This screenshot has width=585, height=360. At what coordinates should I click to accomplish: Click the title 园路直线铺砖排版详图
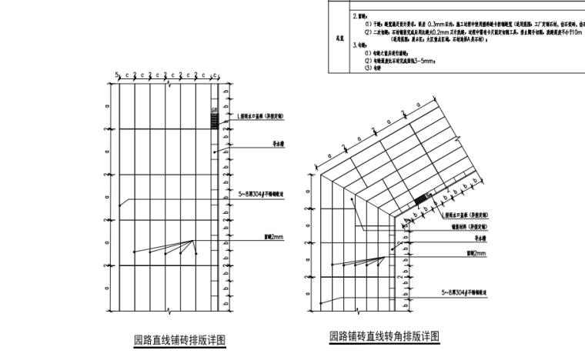(178, 339)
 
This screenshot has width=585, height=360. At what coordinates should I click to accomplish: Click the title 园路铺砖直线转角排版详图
(384, 337)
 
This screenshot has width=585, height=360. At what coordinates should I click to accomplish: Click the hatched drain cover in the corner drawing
(422, 200)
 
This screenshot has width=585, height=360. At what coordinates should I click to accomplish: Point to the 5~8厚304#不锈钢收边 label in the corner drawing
(466, 292)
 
